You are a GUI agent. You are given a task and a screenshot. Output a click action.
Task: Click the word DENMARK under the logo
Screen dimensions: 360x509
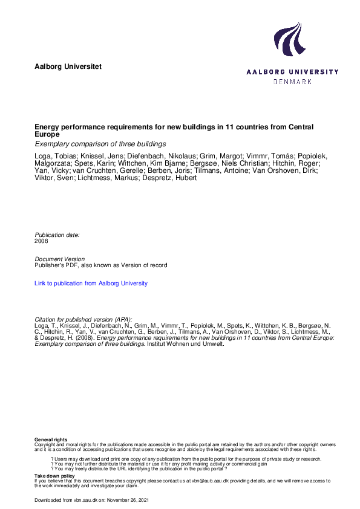point(293,81)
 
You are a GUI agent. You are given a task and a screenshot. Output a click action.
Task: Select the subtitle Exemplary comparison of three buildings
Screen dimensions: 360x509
point(100,144)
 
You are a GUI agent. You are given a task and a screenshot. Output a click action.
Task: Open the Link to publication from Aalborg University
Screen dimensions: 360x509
point(91,284)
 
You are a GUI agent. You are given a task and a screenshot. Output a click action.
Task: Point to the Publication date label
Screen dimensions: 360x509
point(57,235)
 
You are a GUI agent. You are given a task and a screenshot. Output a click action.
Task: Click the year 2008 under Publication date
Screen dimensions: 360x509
point(42,241)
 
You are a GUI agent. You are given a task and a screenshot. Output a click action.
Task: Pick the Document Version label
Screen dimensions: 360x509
point(59,259)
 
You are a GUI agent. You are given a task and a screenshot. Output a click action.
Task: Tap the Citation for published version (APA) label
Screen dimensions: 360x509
point(83,319)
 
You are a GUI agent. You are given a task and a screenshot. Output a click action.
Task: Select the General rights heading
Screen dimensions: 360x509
point(51,439)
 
